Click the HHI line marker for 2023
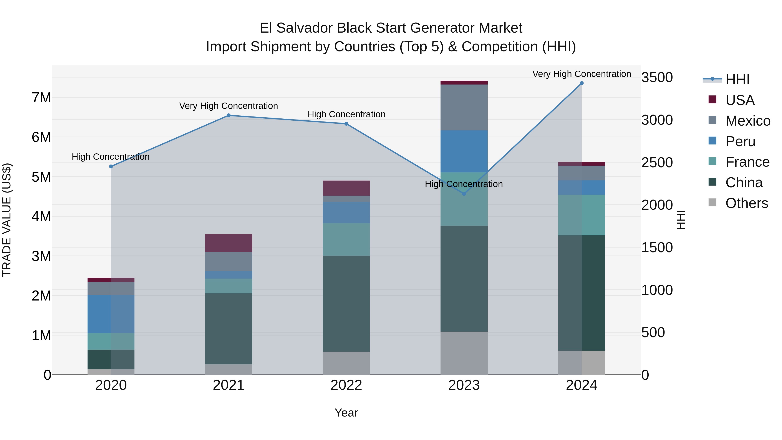coord(464,194)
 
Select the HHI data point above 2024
coord(582,83)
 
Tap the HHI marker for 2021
coord(229,115)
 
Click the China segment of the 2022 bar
coord(346,304)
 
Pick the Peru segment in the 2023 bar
coord(464,151)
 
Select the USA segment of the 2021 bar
coord(229,243)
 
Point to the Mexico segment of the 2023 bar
coord(464,108)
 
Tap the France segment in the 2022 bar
coord(346,240)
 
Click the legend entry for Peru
coord(740,141)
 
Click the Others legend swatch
coord(712,203)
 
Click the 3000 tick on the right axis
coord(657,120)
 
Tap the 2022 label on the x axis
coord(346,385)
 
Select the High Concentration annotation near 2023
coord(464,184)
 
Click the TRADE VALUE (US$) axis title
coord(7,220)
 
